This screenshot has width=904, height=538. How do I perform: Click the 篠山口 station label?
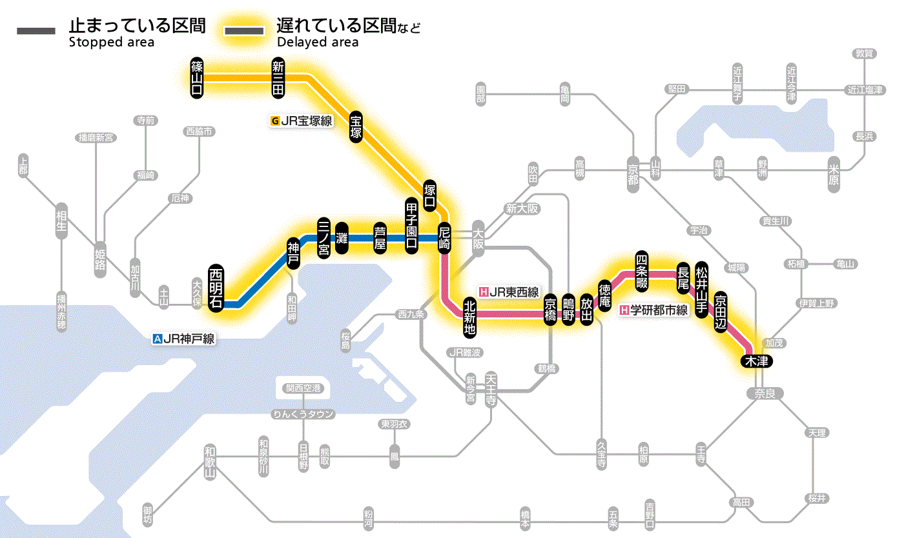pyautogui.click(x=197, y=77)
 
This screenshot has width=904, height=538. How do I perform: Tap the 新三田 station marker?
pyautogui.click(x=278, y=77)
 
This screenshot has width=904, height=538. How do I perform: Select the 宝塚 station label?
pyautogui.click(x=356, y=126)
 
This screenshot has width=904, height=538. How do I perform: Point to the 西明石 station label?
pyautogui.click(x=216, y=288)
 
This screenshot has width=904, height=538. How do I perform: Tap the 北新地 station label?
pyautogui.click(x=470, y=317)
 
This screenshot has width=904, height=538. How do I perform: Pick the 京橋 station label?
pyautogui.click(x=550, y=310)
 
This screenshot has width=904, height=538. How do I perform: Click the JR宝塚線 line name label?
pyautogui.click(x=302, y=121)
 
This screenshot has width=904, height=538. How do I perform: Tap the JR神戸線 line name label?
pyautogui.click(x=183, y=338)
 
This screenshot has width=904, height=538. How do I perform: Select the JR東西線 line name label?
pyautogui.click(x=509, y=292)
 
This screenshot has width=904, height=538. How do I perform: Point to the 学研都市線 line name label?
pyautogui.click(x=654, y=310)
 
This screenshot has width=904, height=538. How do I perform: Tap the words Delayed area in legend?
pyautogui.click(x=317, y=43)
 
